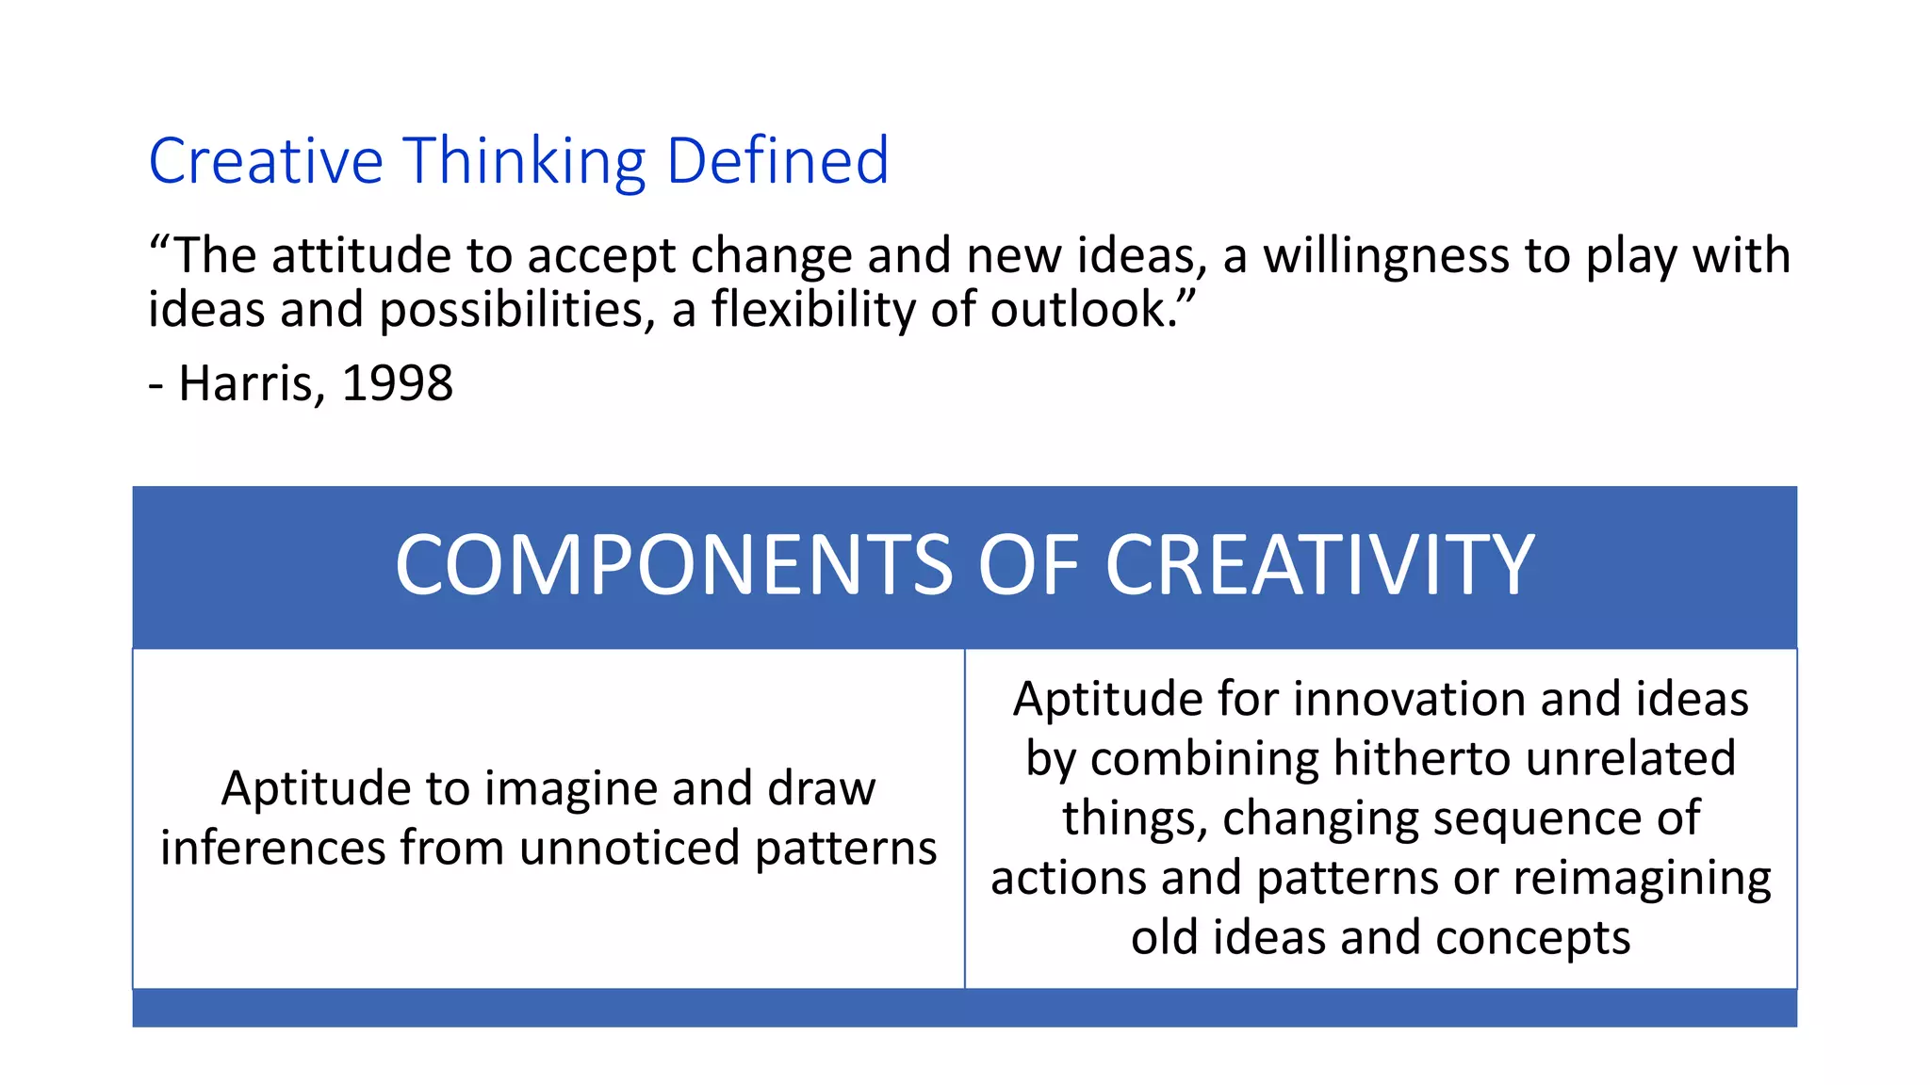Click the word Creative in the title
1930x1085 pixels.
point(265,161)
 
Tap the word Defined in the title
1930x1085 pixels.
point(777,161)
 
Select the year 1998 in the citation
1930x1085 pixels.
point(397,384)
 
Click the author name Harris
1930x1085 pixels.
point(252,384)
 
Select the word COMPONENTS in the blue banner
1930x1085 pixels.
point(674,566)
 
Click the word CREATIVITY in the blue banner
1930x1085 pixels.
point(1319,566)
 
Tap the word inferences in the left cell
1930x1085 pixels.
point(272,848)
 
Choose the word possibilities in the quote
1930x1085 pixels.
point(516,310)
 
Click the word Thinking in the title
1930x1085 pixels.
point(525,161)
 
